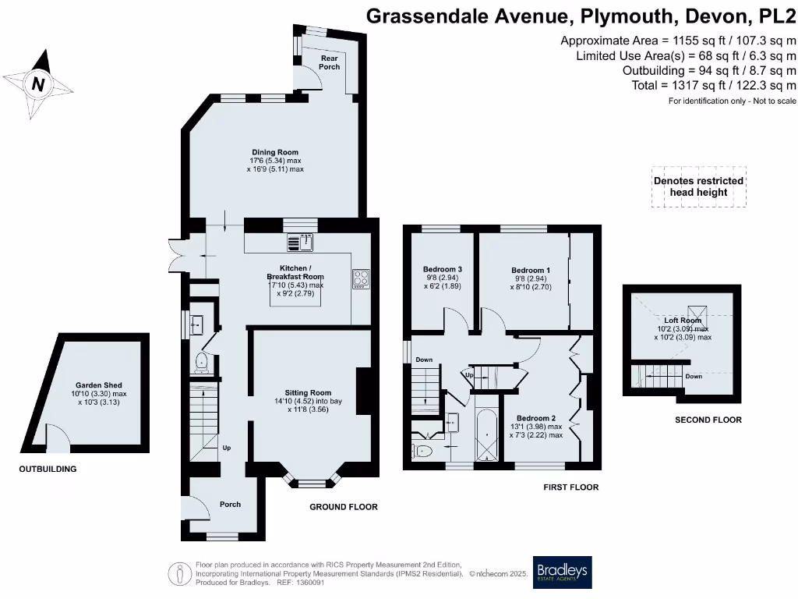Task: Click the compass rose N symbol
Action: tap(37, 83)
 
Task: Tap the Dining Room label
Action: tap(274, 152)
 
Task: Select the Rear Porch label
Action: tap(330, 62)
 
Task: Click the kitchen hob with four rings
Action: tap(361, 278)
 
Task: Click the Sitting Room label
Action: tap(309, 393)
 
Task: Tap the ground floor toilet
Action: tap(202, 360)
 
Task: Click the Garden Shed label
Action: tap(98, 385)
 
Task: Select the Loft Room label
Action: tap(683, 320)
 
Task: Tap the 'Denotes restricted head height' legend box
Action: tap(698, 186)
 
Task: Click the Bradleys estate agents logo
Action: tap(562, 572)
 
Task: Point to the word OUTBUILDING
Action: tap(48, 470)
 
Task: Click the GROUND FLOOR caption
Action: tap(344, 507)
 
